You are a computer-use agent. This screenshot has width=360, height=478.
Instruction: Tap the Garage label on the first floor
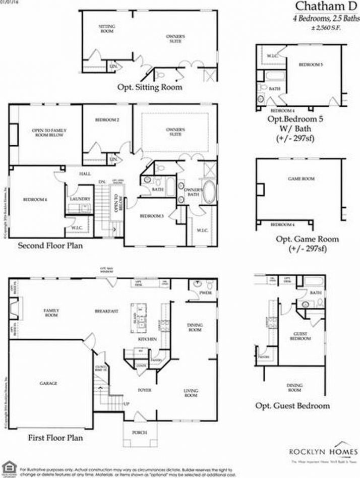48,383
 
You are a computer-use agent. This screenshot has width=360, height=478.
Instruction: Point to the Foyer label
145,390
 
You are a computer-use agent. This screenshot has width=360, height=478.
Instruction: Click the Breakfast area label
106,311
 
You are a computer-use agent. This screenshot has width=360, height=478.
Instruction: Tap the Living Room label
191,393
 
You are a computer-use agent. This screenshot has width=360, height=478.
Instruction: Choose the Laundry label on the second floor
80,200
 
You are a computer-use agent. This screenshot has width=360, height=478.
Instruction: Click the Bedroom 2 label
107,120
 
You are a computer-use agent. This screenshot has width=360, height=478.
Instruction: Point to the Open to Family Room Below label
49,133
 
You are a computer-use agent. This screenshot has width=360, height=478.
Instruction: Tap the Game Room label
297,178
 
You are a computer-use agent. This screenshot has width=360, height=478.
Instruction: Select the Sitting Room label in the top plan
106,29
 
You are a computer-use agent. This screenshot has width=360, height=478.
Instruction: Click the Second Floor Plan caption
50,246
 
